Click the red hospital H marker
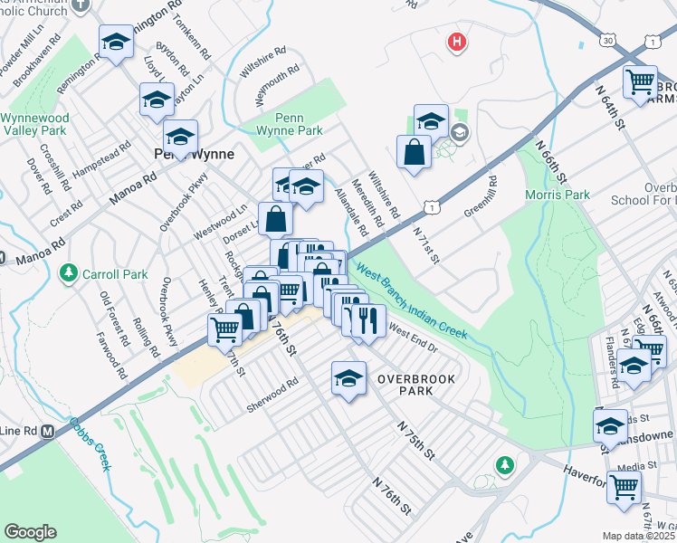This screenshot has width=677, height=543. tap(457, 42)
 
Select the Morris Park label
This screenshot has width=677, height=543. tap(557, 195)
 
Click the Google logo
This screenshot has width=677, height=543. tap(30, 531)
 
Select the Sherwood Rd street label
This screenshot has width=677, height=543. tap(272, 396)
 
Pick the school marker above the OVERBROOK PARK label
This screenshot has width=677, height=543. tap(348, 377)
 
